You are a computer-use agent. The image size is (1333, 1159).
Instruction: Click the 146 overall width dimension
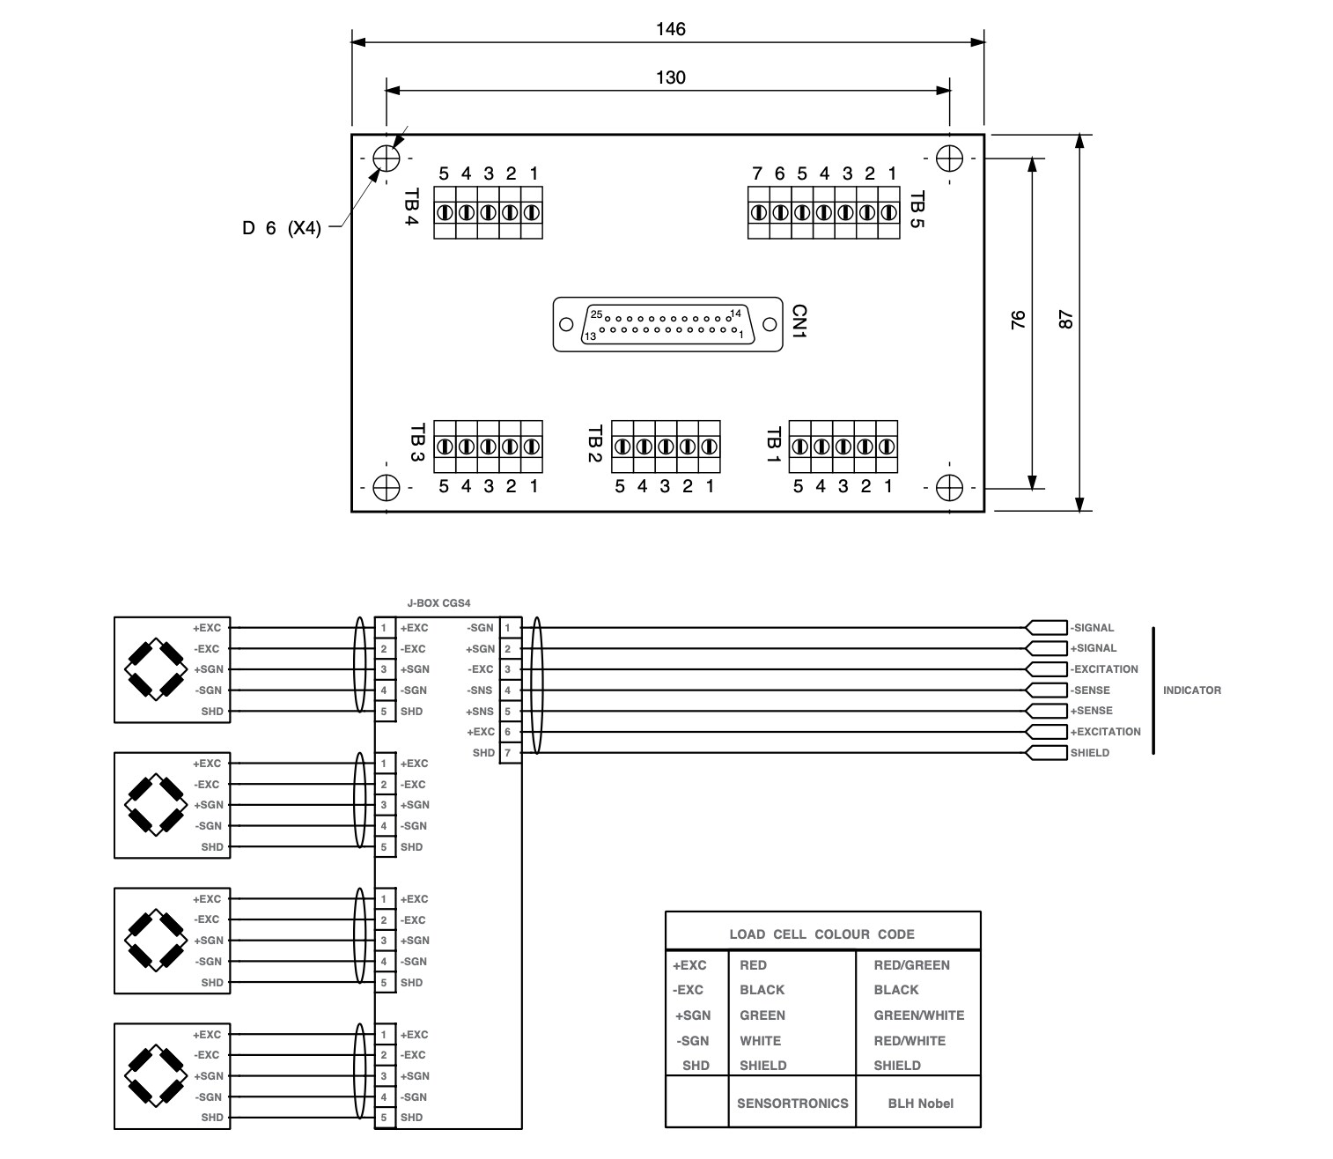point(670,29)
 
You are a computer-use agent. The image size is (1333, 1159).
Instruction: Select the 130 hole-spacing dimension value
point(670,78)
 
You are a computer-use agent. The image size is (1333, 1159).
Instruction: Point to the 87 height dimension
point(1066,319)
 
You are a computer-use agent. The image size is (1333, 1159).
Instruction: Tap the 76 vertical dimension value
point(1019,319)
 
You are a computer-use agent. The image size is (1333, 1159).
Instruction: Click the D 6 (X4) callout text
point(282,228)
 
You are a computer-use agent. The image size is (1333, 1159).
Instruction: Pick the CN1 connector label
point(799,322)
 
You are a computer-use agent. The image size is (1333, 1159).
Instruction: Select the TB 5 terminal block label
point(917,210)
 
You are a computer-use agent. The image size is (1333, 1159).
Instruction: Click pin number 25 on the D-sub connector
point(596,314)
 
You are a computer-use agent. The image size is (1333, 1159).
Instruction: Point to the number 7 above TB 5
point(757,173)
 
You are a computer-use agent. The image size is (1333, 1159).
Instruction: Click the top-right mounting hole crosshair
point(949,159)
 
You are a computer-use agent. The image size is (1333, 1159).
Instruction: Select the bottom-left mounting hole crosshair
point(386,487)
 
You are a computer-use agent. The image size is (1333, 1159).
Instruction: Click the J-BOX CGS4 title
point(439,604)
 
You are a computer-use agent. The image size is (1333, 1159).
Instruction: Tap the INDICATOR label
point(1191,690)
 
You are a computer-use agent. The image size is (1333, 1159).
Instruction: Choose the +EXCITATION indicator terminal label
point(1105,732)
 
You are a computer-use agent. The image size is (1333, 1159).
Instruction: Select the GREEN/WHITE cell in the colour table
point(918,1015)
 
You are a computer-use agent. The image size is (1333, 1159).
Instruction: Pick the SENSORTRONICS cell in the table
point(792,1104)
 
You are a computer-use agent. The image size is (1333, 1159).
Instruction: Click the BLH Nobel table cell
point(920,1104)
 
